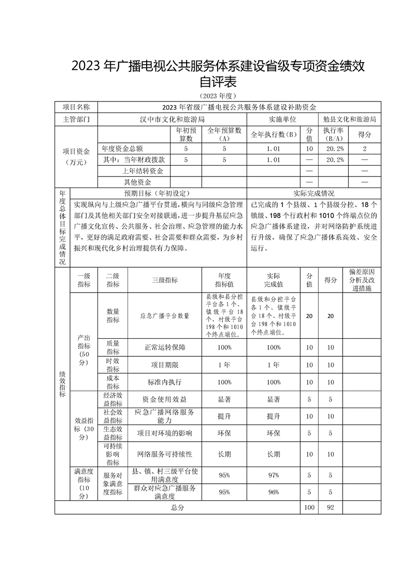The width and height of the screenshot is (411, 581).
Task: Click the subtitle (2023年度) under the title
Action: tap(217, 96)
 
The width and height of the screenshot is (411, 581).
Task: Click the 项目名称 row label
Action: tap(76, 107)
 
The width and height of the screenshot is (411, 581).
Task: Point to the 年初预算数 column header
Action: tap(186, 135)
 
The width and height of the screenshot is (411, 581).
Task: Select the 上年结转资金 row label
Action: tap(143, 171)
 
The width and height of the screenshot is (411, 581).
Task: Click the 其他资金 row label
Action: tap(137, 182)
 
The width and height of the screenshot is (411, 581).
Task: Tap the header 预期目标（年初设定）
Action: tap(158, 193)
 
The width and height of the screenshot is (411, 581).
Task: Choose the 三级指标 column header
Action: tap(164, 280)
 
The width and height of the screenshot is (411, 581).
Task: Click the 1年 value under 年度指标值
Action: tap(224, 365)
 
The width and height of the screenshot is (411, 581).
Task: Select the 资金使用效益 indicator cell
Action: tap(164, 399)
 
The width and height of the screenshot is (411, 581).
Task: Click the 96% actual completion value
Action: tap(273, 492)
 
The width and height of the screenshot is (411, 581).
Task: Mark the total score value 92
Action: tap(329, 508)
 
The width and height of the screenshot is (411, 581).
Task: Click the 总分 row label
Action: tap(177, 508)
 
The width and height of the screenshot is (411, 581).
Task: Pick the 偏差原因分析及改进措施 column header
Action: tap(362, 280)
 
